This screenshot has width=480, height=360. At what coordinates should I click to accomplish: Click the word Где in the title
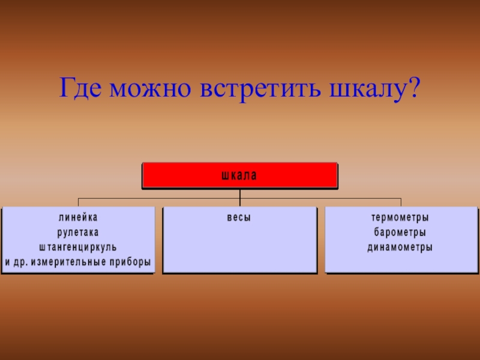pos(79,89)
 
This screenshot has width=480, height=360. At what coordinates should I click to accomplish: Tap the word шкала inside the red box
pos(239,176)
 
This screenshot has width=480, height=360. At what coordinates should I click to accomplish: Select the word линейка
pos(78,217)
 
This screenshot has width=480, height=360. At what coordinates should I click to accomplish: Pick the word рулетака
pos(78,232)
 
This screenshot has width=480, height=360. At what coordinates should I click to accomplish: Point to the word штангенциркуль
pos(78,247)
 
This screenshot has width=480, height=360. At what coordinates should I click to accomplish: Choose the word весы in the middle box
pos(239,217)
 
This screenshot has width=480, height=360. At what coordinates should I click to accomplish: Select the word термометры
pos(400,217)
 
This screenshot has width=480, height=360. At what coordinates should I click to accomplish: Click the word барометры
pos(400,232)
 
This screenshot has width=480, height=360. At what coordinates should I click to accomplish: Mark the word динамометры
pos(400,247)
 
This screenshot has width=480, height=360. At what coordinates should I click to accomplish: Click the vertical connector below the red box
pos(240,194)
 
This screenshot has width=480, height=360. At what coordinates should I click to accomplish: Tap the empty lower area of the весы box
pos(239,252)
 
